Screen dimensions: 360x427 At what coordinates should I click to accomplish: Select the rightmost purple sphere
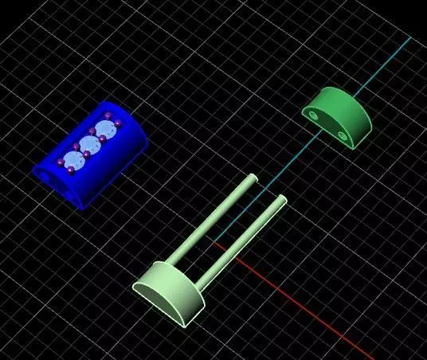[118, 122]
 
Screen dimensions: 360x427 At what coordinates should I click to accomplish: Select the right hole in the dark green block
[343, 136]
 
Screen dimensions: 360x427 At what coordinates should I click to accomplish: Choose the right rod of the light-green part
[243, 239]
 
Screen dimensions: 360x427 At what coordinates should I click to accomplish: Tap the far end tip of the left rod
[253, 178]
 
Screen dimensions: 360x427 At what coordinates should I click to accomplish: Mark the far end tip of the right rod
[280, 198]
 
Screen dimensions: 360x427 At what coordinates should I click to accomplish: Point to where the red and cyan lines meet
[213, 238]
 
